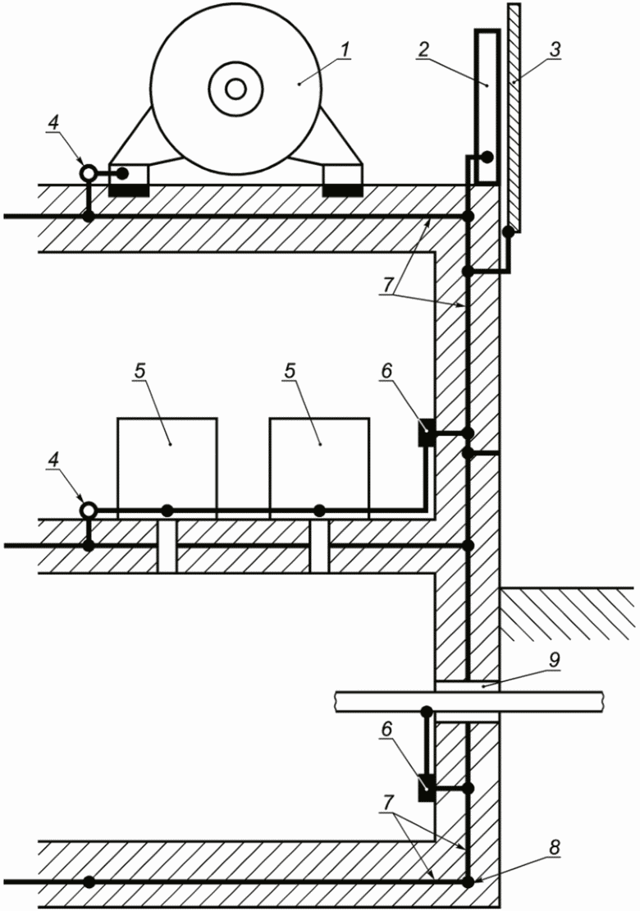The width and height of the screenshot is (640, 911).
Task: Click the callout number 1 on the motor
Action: (x=346, y=50)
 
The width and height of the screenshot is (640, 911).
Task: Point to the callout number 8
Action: (x=555, y=849)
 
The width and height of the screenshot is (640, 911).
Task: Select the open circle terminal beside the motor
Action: (x=88, y=174)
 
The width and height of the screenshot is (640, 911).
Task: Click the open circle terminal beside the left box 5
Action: (x=88, y=510)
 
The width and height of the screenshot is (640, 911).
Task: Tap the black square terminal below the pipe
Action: (x=427, y=787)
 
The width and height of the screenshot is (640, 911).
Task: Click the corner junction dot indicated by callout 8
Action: (x=468, y=883)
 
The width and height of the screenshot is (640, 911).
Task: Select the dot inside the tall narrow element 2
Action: (x=486, y=158)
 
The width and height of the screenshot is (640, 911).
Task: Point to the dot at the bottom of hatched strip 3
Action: (x=509, y=232)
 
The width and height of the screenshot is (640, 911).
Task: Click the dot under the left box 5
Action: (x=167, y=510)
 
